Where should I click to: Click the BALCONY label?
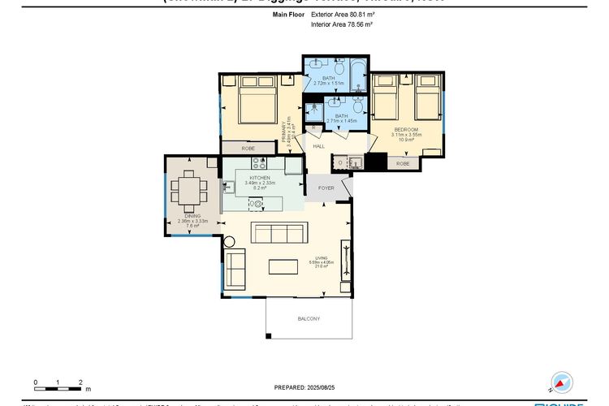[309, 318]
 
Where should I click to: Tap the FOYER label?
[326, 188]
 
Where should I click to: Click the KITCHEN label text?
[260, 177]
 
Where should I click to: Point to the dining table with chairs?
[189, 194]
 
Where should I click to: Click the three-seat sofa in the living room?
[279, 234]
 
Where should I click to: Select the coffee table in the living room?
[283, 267]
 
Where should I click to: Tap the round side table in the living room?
[229, 242]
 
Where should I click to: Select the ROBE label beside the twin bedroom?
[403, 163]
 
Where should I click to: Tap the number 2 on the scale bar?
[80, 381]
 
